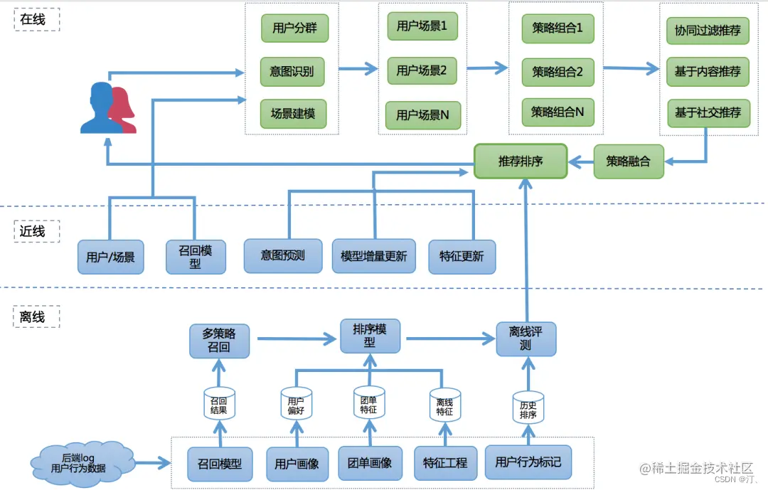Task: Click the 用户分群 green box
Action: (x=294, y=29)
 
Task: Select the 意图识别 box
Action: (x=292, y=72)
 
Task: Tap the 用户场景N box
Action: (x=422, y=115)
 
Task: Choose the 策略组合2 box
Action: (x=557, y=72)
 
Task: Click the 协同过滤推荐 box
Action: (x=707, y=31)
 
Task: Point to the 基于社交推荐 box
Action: (x=707, y=112)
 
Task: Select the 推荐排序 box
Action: (x=521, y=161)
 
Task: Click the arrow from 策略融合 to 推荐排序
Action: (x=581, y=162)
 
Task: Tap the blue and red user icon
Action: (x=108, y=108)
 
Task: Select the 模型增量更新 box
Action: (x=373, y=256)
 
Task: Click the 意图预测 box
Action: (x=282, y=255)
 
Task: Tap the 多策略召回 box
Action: (x=219, y=341)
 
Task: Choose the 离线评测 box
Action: (x=526, y=339)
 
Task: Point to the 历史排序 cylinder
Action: (x=528, y=408)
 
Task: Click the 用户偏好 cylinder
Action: (x=295, y=405)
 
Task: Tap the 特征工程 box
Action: (x=445, y=463)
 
